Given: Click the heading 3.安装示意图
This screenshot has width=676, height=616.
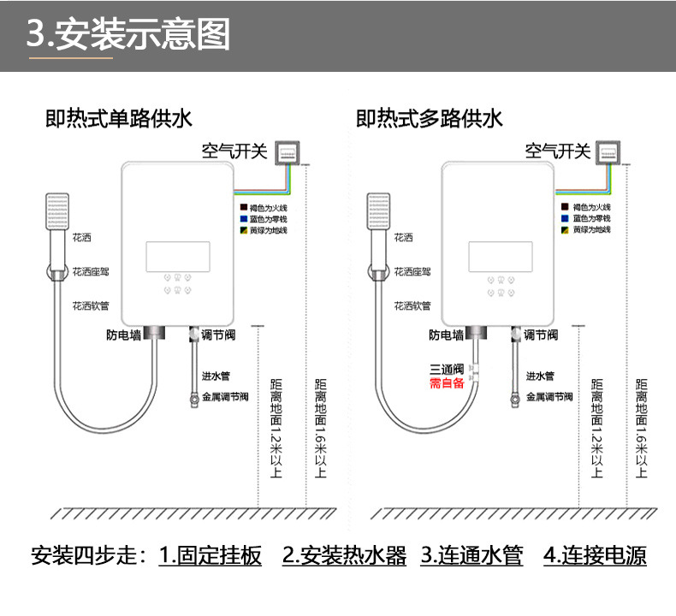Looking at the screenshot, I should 129,36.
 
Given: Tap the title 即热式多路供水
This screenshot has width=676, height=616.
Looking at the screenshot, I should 430,119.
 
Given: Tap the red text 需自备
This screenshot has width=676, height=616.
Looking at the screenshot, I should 446,383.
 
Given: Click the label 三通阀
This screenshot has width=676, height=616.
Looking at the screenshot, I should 446,370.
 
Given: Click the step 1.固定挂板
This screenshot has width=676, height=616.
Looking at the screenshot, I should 211,556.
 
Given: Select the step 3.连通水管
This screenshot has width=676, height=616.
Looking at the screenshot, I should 471,556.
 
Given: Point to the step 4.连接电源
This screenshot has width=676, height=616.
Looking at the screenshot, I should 595,556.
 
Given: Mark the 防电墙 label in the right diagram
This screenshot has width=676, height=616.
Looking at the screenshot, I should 446,335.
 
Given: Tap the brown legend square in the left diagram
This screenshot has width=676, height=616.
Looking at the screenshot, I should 244,208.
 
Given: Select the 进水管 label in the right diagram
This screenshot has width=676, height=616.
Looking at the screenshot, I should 540,376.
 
